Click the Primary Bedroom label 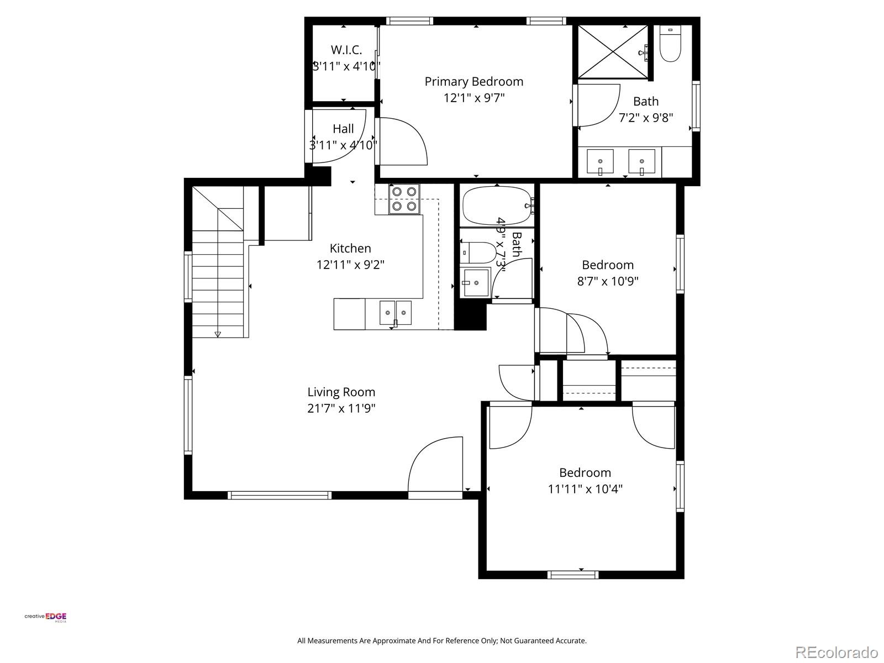pos(473,82)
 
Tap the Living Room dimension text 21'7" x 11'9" pos(341,409)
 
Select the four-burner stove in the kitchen pos(404,199)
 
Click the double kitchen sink pos(396,313)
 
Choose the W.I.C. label pos(346,50)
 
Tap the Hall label pos(343,129)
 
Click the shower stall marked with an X pos(613,51)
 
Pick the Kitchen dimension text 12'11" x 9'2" pos(350,265)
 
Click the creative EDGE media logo pos(45,617)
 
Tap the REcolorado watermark pos(836,653)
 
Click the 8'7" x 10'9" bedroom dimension pos(608,281)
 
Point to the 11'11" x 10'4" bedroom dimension pos(585,489)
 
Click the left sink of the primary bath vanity pos(599,161)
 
